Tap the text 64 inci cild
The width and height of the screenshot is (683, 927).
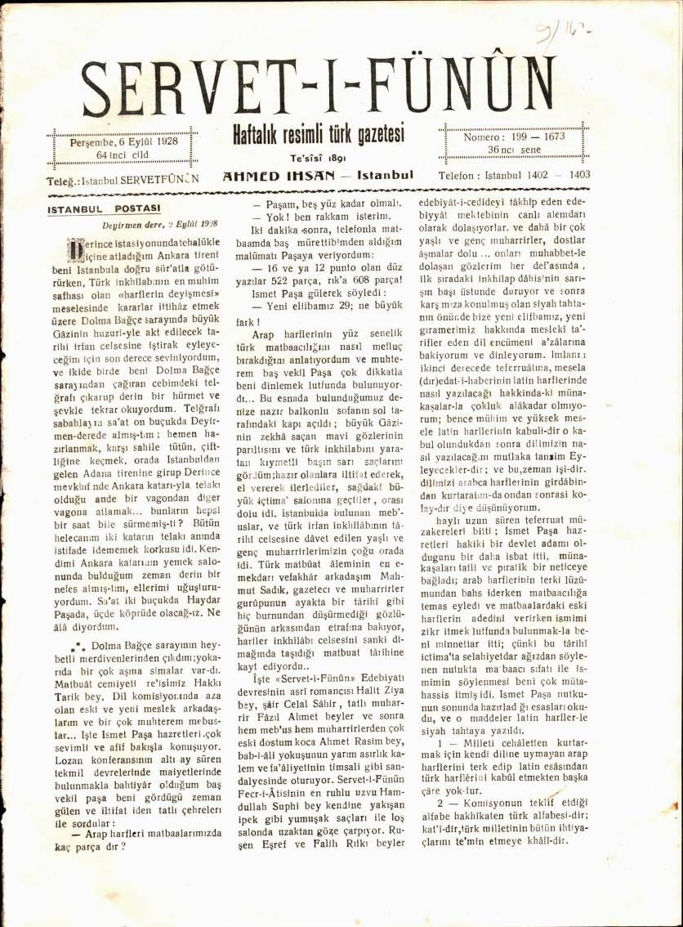123,154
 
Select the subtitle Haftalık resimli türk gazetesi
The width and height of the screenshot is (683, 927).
319,136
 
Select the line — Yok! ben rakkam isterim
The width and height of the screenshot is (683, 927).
314,217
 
